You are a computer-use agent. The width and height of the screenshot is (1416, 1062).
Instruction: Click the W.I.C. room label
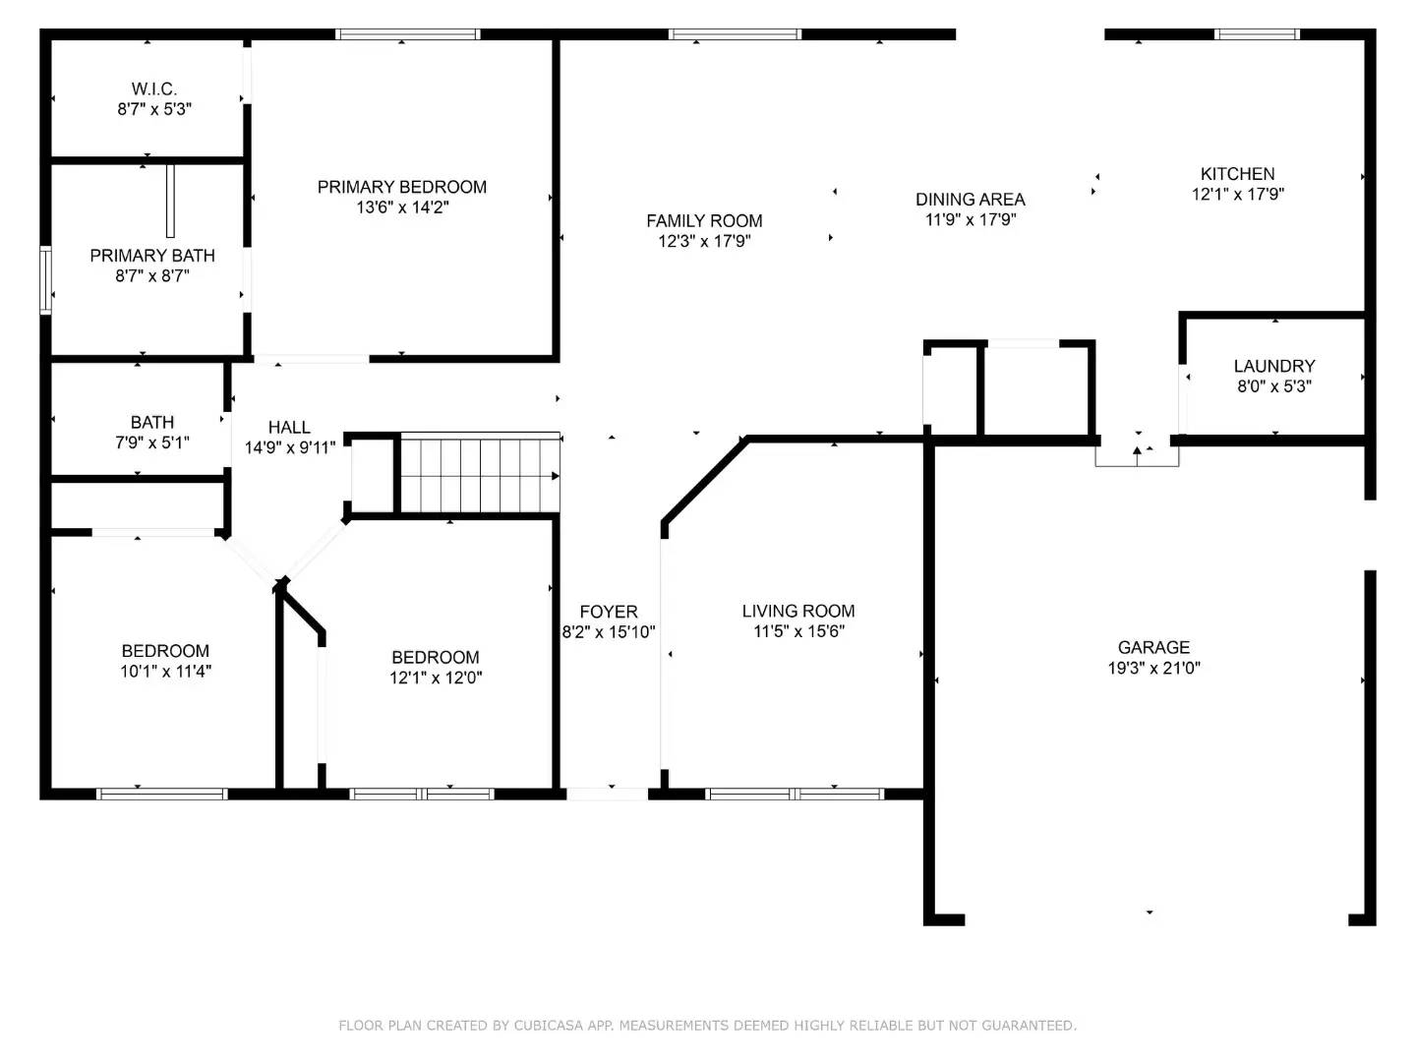[154, 88]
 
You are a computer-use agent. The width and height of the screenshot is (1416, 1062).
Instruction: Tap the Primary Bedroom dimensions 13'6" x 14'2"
[402, 207]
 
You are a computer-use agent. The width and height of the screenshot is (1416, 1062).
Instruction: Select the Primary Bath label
[152, 256]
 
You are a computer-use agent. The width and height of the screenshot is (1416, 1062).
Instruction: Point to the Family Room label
[704, 221]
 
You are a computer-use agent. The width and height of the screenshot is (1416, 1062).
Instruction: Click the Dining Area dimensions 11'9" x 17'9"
[971, 220]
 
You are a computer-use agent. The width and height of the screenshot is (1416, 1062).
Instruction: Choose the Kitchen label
[1237, 174]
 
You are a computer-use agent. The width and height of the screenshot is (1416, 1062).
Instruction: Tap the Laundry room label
[1274, 366]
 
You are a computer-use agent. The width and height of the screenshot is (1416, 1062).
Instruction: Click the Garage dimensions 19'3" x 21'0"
[1154, 668]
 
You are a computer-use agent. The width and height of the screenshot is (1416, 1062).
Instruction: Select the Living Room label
[798, 612]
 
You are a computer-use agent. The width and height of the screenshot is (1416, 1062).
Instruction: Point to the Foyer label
[609, 612]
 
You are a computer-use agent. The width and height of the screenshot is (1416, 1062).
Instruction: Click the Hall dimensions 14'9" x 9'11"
[290, 447]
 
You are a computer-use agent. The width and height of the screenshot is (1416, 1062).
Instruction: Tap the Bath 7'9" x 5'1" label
[152, 433]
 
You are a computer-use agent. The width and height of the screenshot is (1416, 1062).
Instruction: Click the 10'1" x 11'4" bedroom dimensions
[166, 672]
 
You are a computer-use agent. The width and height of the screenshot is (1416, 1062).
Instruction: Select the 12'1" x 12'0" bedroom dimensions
[436, 678]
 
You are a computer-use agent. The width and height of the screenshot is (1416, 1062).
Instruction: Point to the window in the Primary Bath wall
[46, 280]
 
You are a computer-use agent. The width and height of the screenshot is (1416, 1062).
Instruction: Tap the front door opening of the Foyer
[607, 795]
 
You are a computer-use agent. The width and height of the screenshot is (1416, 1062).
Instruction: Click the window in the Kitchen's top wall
[1257, 34]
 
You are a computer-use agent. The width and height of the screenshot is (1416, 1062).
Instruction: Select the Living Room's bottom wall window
[795, 795]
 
